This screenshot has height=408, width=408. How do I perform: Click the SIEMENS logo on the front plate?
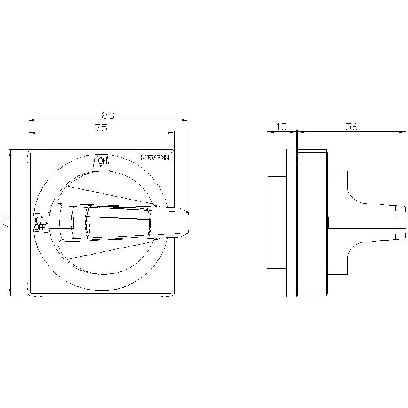[x=155, y=159]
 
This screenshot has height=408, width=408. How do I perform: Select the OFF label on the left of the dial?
[x=39, y=227]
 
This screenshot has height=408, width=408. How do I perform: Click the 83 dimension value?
[x=108, y=115]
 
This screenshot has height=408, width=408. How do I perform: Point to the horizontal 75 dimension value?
[x=101, y=128]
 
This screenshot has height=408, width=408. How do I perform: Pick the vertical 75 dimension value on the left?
[x=6, y=222]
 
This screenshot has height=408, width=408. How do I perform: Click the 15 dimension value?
[x=282, y=127]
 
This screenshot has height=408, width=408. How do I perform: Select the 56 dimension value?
[x=351, y=127]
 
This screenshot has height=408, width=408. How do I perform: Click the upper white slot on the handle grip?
[x=118, y=225]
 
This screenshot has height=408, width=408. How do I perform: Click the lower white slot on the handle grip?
[x=118, y=232]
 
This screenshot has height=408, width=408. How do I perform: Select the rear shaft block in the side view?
[x=277, y=223]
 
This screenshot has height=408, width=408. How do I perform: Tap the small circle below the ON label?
[x=101, y=166]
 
